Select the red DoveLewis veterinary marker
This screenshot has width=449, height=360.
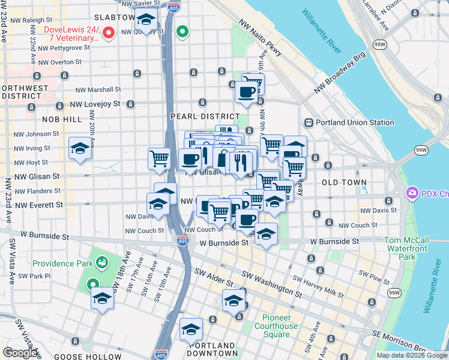coord(109,33)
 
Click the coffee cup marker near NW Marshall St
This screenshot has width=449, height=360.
coord(246,93)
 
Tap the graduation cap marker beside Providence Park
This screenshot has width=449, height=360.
coord(103,298)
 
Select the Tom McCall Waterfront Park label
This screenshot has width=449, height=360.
coord(406,248)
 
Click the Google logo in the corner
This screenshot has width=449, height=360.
coord(21,353)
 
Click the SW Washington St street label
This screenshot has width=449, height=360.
coord(273,284)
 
